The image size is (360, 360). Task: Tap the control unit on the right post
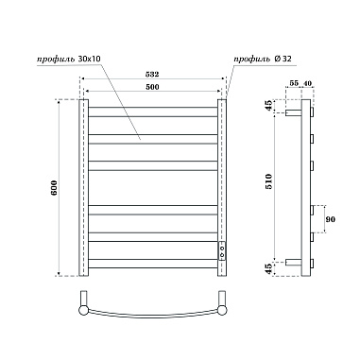[223, 250]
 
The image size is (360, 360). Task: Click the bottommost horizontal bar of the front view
[154, 266]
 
